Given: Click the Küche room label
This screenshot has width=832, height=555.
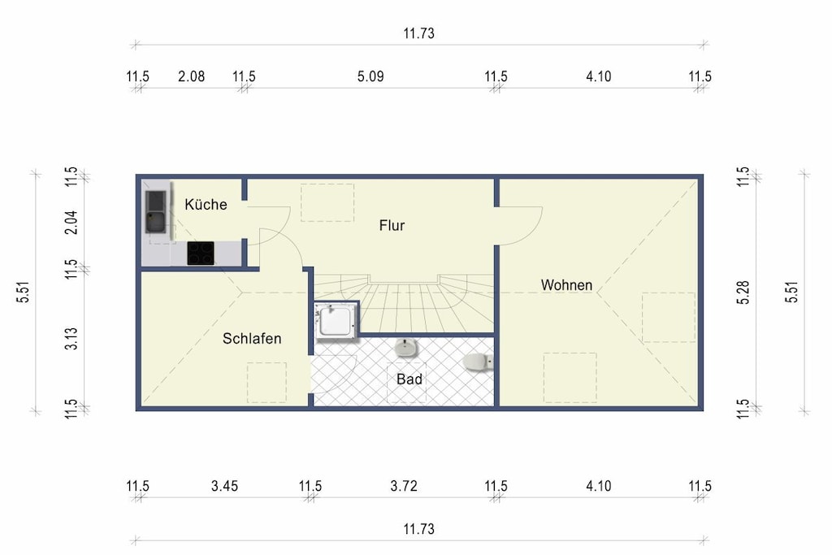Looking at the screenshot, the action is click(x=206, y=204).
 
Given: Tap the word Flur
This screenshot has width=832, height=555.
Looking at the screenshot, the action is click(x=392, y=226).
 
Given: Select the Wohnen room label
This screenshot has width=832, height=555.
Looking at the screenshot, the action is click(x=566, y=285).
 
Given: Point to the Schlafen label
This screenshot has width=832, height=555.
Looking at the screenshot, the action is click(x=252, y=339).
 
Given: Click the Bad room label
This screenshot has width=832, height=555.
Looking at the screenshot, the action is click(x=409, y=379).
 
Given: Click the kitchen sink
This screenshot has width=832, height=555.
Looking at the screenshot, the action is click(x=155, y=212).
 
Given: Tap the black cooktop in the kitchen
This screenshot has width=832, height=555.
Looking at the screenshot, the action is click(x=201, y=253).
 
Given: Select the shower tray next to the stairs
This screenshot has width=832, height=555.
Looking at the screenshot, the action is click(x=336, y=320).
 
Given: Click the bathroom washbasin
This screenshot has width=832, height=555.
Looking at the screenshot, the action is click(x=406, y=348).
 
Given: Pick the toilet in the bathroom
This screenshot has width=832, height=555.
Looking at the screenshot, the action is click(x=478, y=362).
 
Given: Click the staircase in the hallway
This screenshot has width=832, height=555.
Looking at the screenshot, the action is click(x=404, y=303).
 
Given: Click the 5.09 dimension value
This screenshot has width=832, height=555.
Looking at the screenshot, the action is click(x=370, y=76).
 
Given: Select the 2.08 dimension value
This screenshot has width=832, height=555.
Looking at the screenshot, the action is click(x=191, y=76).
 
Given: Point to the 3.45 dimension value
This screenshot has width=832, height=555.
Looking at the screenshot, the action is click(x=224, y=486).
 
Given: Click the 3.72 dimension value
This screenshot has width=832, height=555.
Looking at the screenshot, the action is click(x=404, y=486).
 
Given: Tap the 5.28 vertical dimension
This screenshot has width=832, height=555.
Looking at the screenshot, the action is click(x=743, y=293).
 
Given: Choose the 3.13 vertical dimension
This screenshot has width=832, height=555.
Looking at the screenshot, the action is click(x=71, y=339).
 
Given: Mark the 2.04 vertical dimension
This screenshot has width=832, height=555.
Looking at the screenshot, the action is click(x=71, y=223).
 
